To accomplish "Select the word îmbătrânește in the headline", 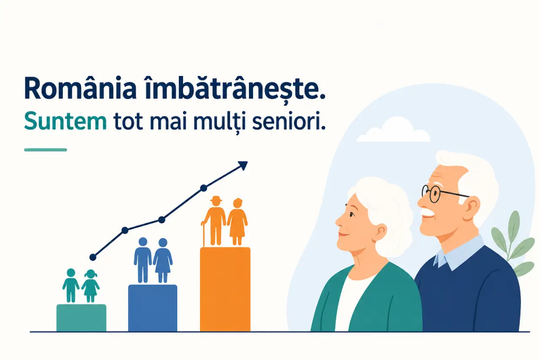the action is [235, 89].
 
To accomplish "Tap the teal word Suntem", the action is [65, 121].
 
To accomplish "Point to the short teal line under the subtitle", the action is [46, 150].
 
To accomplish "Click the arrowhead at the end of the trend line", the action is [243, 165].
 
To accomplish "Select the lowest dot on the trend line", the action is [93, 257].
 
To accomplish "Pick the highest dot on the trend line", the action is [204, 188].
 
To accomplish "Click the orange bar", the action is [225, 290].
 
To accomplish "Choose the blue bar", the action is [153, 308].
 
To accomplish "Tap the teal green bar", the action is [81, 318].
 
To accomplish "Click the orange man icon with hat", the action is [216, 221].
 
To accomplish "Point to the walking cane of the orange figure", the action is [204, 234].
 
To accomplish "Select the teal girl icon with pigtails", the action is [90, 286].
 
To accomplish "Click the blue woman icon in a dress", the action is [163, 260].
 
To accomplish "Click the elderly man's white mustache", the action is [428, 212].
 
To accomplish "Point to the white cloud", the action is [394, 131].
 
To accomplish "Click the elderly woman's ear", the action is [380, 231].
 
